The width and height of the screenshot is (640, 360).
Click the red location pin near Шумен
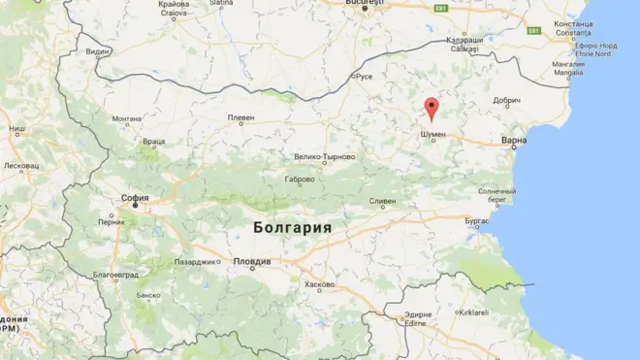point(432,108)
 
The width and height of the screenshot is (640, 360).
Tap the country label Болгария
point(291,228)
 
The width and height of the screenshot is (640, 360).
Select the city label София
point(135,197)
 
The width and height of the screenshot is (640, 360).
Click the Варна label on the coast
point(514,142)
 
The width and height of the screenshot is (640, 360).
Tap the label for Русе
point(364,76)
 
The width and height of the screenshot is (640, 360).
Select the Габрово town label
point(299,180)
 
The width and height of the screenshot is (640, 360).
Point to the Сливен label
point(382,201)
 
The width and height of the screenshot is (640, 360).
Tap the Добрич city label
point(507,100)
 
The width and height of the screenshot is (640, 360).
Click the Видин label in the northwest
point(97,50)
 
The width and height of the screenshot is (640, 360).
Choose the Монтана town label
point(127,119)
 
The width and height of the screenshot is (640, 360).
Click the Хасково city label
point(319,284)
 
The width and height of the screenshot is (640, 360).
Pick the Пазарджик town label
point(194,262)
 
